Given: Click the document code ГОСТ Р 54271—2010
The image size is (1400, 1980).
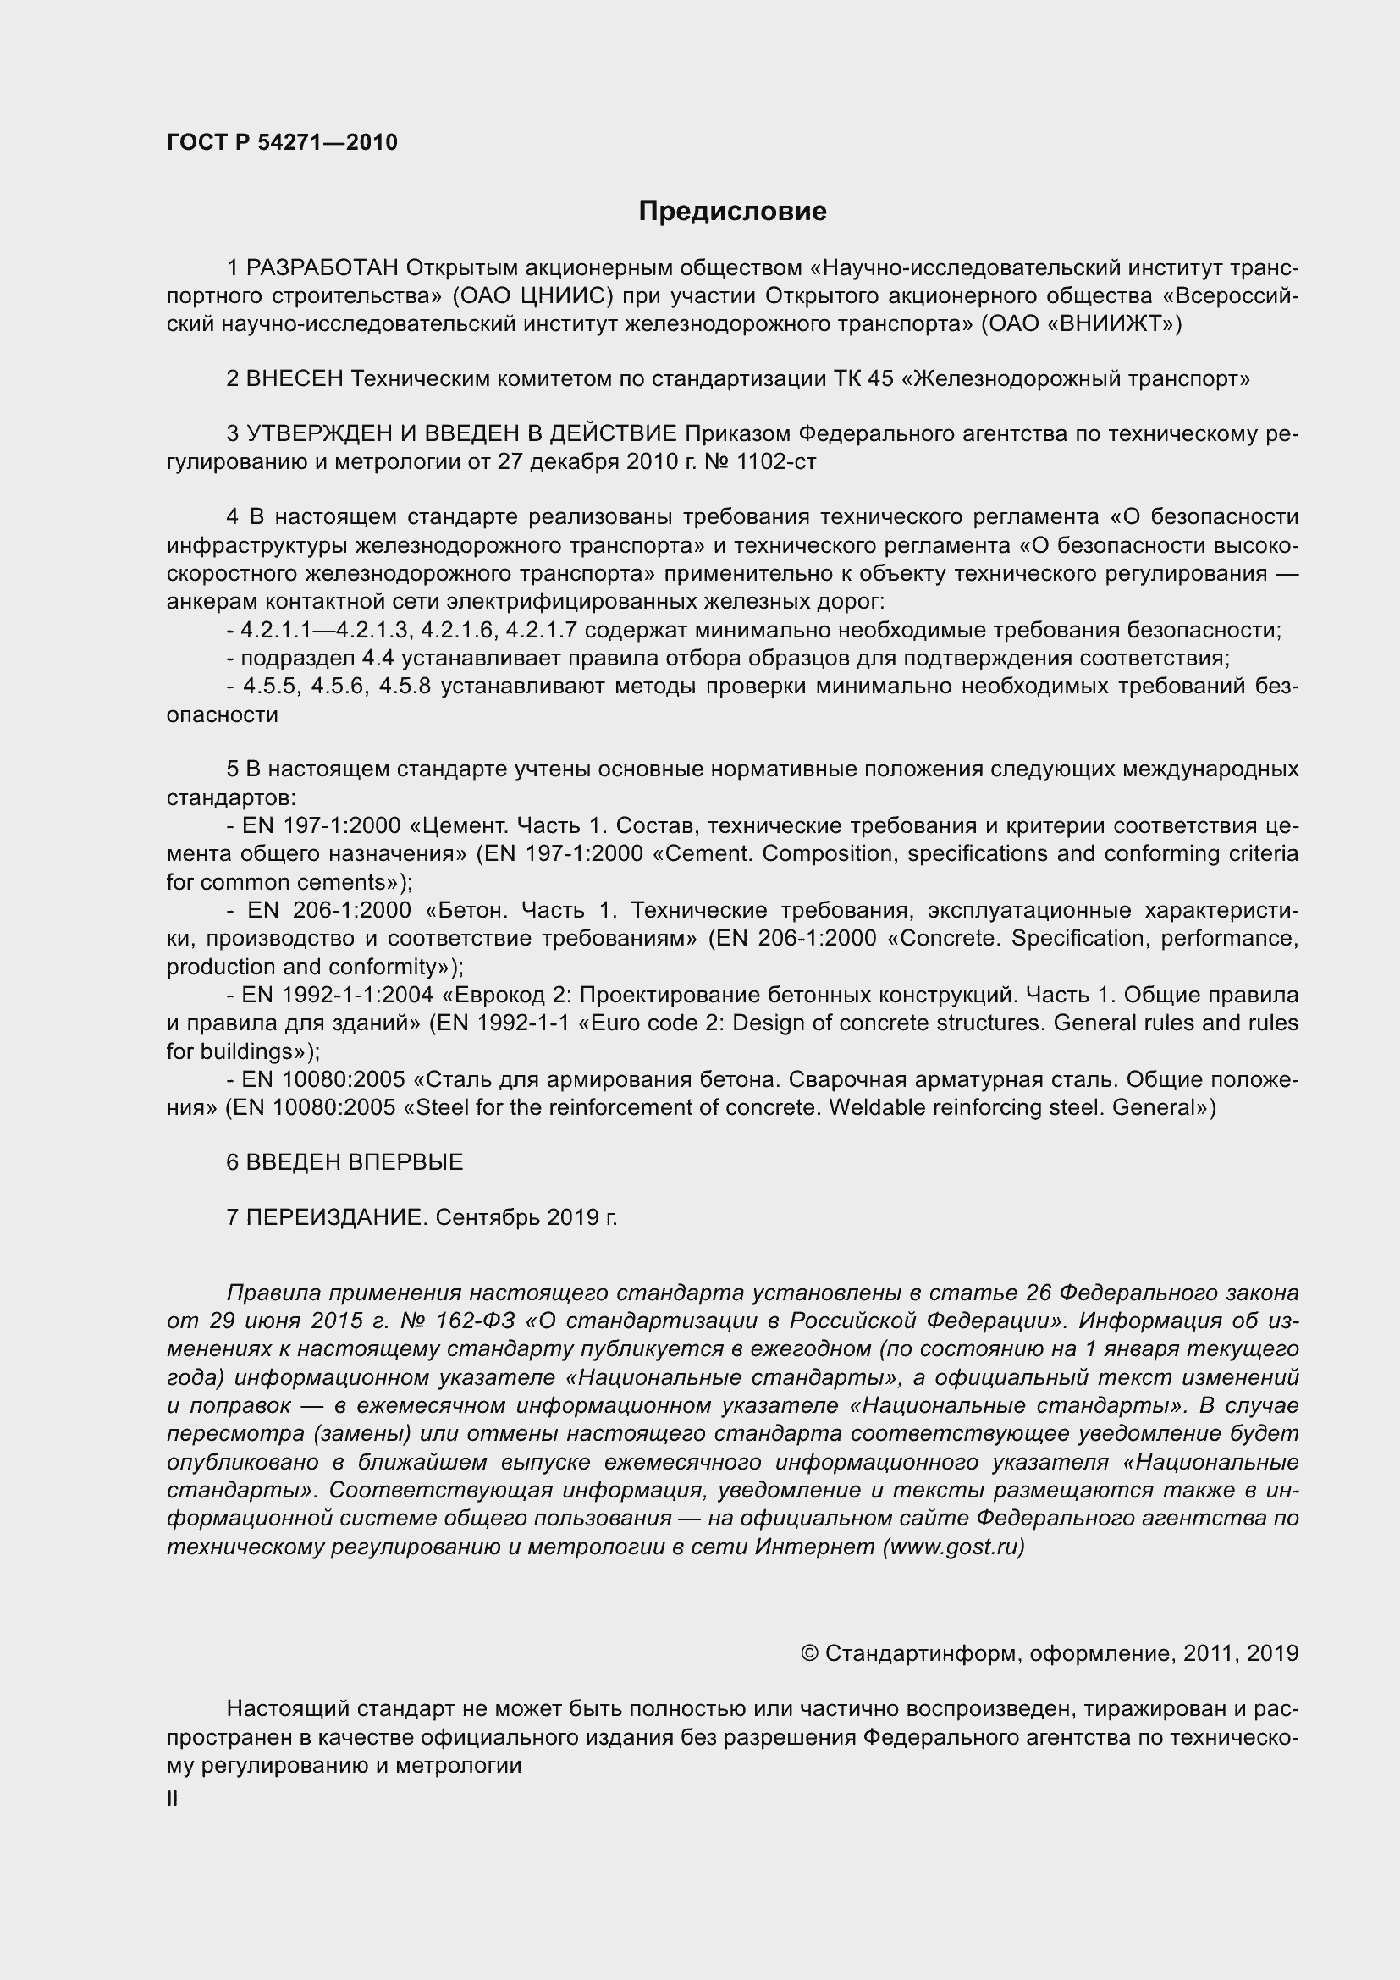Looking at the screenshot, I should pos(282,142).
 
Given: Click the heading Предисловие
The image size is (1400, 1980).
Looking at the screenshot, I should pos(732,211).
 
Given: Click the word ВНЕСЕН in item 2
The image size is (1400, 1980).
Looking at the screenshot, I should pos(295,378).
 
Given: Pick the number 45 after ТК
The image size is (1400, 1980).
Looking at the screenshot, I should pos(880,378).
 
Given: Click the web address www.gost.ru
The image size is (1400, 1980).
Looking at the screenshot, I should pos(952,1547).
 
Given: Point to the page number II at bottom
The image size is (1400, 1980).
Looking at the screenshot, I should pos(173,1799).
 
